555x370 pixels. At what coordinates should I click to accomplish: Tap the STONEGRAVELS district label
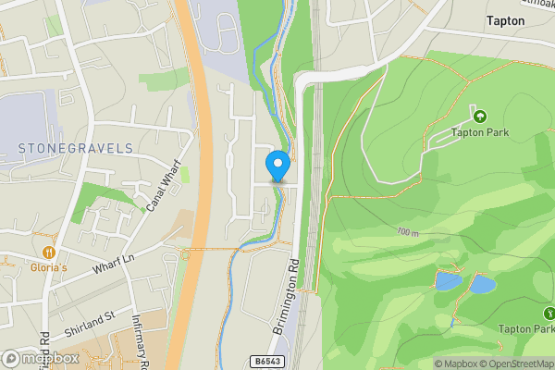click(76, 148)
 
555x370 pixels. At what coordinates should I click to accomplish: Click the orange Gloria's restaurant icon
click(47, 251)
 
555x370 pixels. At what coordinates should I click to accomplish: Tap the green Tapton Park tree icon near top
click(479, 117)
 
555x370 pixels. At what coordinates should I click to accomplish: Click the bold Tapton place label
click(506, 20)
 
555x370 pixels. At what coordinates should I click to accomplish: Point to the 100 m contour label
click(407, 232)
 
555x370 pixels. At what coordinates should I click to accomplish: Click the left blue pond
click(448, 279)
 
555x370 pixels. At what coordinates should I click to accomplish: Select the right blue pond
click(482, 284)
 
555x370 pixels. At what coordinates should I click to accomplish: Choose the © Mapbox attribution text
click(457, 364)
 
